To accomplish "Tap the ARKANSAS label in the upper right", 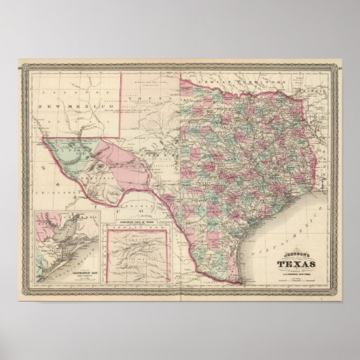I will [312, 89].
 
